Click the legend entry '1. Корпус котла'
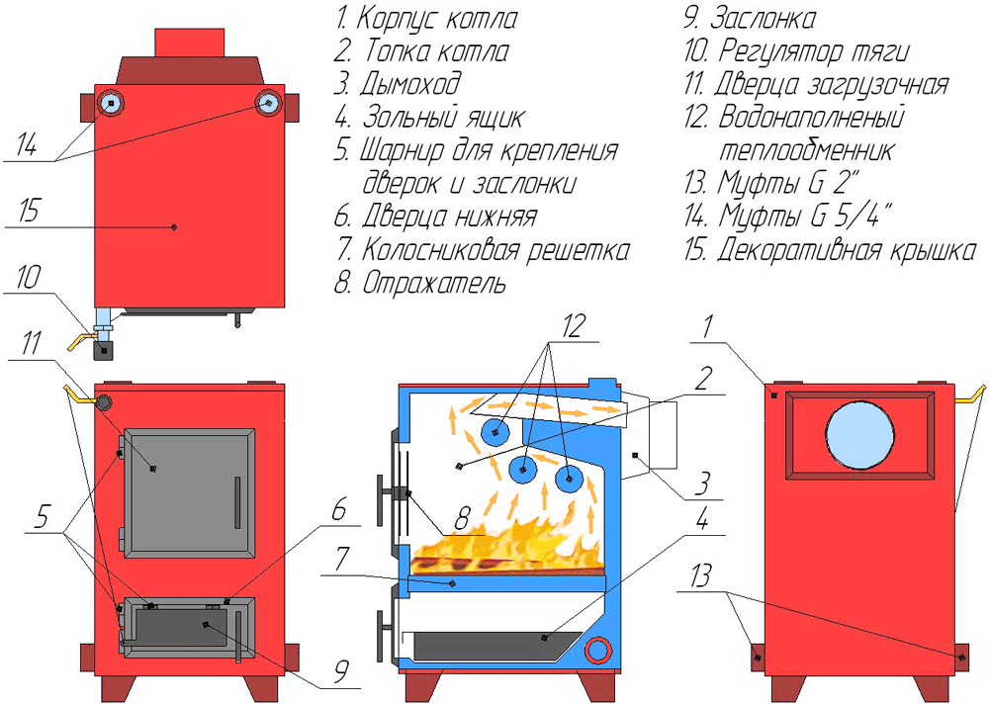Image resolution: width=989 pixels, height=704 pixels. (425, 18)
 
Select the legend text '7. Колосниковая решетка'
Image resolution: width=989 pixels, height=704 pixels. (482, 250)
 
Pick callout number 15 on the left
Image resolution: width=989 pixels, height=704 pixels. (28, 212)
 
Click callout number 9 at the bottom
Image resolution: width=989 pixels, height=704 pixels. (340, 671)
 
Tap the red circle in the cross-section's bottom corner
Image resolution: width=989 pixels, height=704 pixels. (597, 650)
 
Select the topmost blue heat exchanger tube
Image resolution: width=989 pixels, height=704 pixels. (495, 432)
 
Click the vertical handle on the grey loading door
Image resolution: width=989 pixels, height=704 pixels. (236, 501)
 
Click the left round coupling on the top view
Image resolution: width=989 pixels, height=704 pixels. (111, 103)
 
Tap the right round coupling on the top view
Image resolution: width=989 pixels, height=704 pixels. (267, 103)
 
